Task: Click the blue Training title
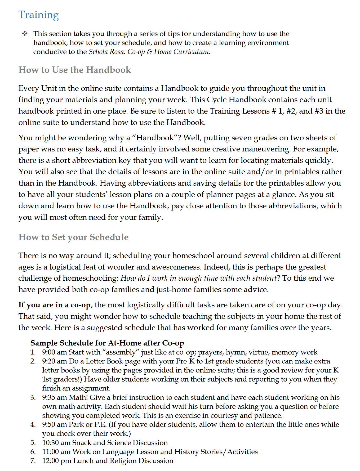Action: click(x=38, y=15)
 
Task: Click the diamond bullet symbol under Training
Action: click(x=25, y=34)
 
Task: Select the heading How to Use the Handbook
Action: click(x=75, y=70)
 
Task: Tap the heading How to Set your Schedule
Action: click(x=73, y=237)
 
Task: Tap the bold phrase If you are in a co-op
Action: click(x=55, y=305)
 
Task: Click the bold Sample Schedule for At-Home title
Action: click(x=107, y=343)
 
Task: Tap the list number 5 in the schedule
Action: click(x=33, y=443)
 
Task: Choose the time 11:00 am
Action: click(x=56, y=452)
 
